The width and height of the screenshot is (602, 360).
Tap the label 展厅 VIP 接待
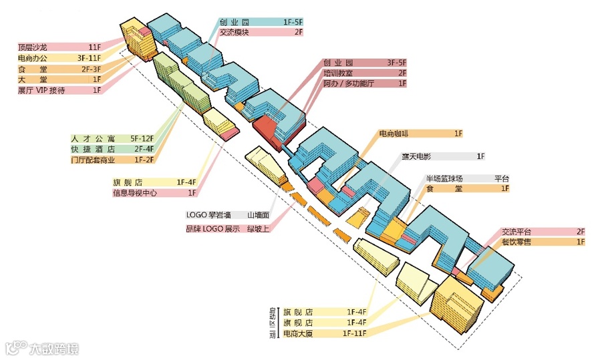coord(41,90)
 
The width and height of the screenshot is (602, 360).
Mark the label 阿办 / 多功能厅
coord(349,83)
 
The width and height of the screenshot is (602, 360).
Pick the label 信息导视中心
coord(136,193)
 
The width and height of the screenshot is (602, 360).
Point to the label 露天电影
coord(416,156)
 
